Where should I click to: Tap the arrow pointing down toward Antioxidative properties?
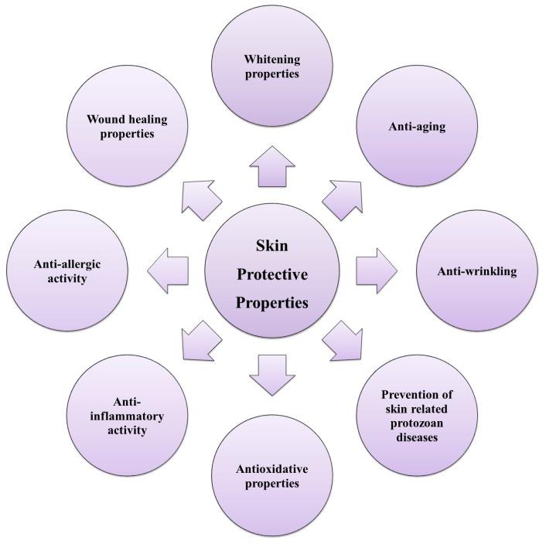273,374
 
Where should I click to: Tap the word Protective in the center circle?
271,274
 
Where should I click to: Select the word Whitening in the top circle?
271,59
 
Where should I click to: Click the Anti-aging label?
416,127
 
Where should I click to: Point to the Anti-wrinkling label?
477,271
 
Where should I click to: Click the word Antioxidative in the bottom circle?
268,470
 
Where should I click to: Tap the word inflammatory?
128,416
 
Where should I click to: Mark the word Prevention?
404,394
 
